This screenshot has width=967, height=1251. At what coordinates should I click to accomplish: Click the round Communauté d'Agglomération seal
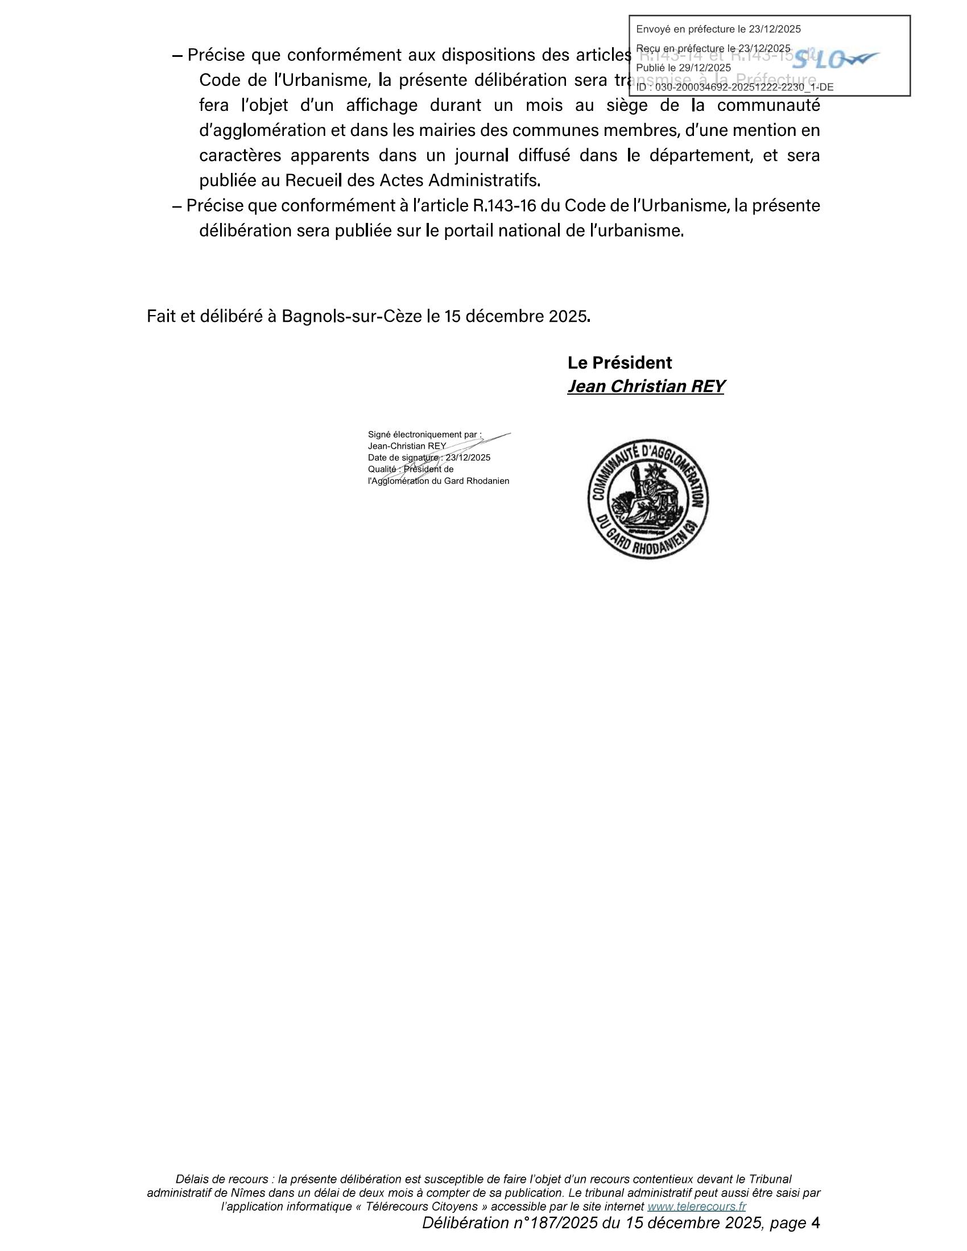(x=647, y=499)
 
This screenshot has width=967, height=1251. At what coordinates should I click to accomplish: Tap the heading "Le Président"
(x=619, y=363)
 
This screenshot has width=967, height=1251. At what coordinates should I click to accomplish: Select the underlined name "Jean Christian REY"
(x=646, y=387)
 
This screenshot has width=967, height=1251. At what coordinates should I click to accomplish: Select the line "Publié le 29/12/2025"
(x=683, y=68)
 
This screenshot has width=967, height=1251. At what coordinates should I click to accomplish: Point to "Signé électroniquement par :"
(x=424, y=434)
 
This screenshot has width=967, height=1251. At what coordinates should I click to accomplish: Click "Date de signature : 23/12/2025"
(x=429, y=458)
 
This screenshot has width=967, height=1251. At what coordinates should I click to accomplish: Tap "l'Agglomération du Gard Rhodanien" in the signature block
(x=438, y=481)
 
